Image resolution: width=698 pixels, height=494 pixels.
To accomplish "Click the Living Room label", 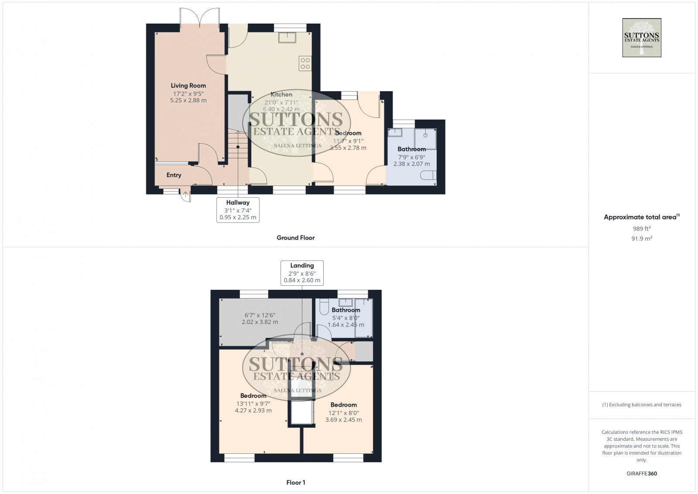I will (188, 86).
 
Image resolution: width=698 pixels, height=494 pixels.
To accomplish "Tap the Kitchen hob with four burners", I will (305, 64).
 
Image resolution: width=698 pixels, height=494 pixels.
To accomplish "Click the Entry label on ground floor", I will (174, 175).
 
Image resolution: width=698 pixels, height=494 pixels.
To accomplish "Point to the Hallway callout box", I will (238, 210).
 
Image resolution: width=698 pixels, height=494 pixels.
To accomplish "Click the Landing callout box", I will (302, 273).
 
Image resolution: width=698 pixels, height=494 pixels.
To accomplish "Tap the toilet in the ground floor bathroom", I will (429, 175).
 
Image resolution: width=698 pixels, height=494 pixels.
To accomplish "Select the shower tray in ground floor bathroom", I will (425, 138).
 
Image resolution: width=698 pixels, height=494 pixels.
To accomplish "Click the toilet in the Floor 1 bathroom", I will (324, 307).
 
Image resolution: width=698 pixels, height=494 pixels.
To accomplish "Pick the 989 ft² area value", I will (641, 229).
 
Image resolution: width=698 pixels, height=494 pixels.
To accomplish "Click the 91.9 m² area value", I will (641, 239).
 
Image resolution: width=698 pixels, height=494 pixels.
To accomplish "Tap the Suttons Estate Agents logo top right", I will (641, 38).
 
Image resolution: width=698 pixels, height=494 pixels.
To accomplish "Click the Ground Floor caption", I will (295, 238).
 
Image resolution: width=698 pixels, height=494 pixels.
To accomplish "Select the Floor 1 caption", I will (295, 483).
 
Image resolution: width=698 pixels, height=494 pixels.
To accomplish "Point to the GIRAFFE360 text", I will (641, 473).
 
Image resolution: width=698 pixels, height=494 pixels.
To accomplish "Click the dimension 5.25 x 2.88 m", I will (188, 100).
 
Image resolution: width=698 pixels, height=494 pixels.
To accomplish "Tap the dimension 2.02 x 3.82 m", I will (260, 322).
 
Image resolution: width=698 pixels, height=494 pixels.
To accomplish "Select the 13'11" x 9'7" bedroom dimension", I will (253, 404).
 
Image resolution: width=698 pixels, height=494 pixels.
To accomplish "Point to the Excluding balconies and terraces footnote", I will (641, 405).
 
